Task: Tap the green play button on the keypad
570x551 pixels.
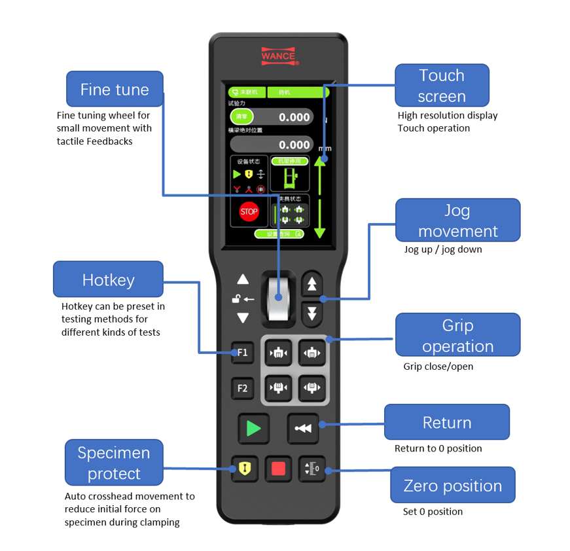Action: coord(253,429)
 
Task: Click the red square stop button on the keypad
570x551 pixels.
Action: coord(279,469)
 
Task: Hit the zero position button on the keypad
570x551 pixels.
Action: coord(312,469)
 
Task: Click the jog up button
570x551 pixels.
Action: coord(312,284)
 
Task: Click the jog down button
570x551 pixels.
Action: coord(312,312)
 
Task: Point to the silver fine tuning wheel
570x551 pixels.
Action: coord(278,298)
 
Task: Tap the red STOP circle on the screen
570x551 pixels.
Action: coord(249,212)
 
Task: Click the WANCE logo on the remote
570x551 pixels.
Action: coord(278,56)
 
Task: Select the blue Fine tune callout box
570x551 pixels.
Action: coord(115,90)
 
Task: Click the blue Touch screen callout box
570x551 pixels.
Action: coord(442,85)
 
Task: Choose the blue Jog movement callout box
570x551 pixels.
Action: coord(457,221)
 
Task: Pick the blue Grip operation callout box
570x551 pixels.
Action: coord(457,335)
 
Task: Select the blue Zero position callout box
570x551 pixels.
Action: coord(453,486)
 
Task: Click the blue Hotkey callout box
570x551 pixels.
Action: coord(108,280)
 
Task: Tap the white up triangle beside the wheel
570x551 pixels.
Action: coord(243,279)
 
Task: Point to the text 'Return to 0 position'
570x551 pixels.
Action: coord(438,448)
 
